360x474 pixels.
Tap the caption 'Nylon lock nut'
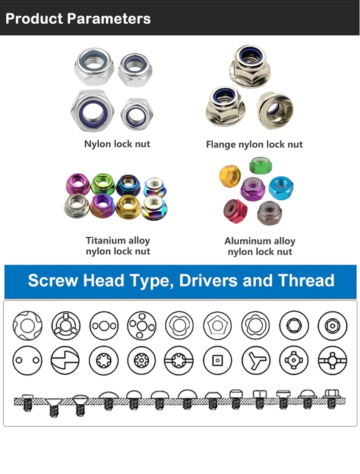(117, 144)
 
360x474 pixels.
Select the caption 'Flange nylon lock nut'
(254, 145)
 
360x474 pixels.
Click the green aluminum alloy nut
(261, 165)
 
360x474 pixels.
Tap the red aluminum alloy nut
(235, 211)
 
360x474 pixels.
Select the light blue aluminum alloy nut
(281, 188)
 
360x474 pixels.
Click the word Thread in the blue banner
(306, 281)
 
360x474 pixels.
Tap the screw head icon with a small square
(217, 360)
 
